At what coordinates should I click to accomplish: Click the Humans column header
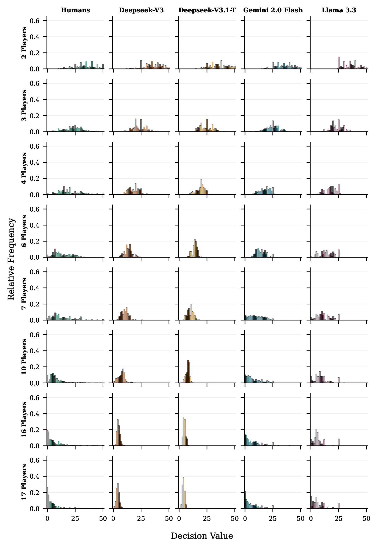(75, 10)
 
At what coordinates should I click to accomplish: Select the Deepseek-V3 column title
(141, 10)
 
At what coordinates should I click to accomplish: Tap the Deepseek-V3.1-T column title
(207, 10)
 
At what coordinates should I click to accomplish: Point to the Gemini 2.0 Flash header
(273, 10)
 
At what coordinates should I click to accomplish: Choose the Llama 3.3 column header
(339, 10)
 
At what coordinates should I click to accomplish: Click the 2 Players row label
(24, 43)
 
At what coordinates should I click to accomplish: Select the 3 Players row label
(24, 105)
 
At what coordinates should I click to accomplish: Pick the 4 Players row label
(24, 168)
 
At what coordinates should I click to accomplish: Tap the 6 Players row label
(24, 231)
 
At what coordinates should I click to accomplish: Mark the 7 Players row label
(24, 294)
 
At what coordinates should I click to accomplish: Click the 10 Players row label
(24, 357)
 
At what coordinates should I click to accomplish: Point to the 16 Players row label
(24, 419)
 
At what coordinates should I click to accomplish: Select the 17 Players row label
(24, 482)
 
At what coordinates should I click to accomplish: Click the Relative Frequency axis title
(11, 259)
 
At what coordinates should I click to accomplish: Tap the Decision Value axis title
(202, 536)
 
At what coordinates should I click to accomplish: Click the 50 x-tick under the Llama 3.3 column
(366, 519)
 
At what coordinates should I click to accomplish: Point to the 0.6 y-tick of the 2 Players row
(35, 21)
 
